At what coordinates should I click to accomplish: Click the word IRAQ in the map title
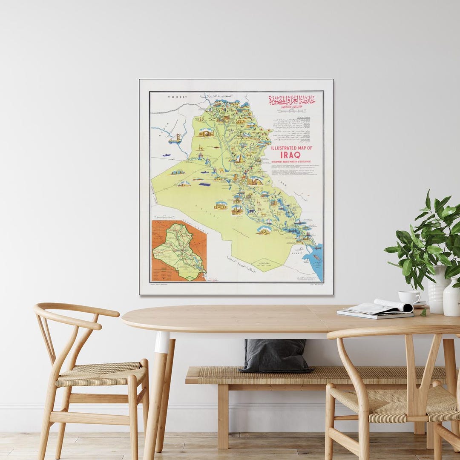[x=290, y=155]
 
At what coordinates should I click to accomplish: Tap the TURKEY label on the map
[x=177, y=98]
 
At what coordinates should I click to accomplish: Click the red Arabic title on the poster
[x=292, y=101]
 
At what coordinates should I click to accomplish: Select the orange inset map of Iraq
[x=179, y=250]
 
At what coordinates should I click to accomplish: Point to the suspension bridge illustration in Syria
[x=175, y=138]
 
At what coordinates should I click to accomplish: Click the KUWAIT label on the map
[x=296, y=253]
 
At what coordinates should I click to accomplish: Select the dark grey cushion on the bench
[x=276, y=355]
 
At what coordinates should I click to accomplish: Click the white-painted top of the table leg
[x=162, y=342]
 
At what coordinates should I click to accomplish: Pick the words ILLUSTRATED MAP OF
[x=292, y=148]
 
